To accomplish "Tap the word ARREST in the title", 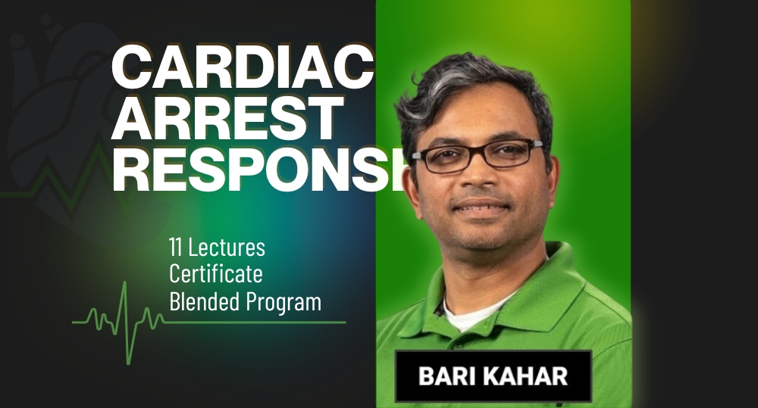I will [225, 119].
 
